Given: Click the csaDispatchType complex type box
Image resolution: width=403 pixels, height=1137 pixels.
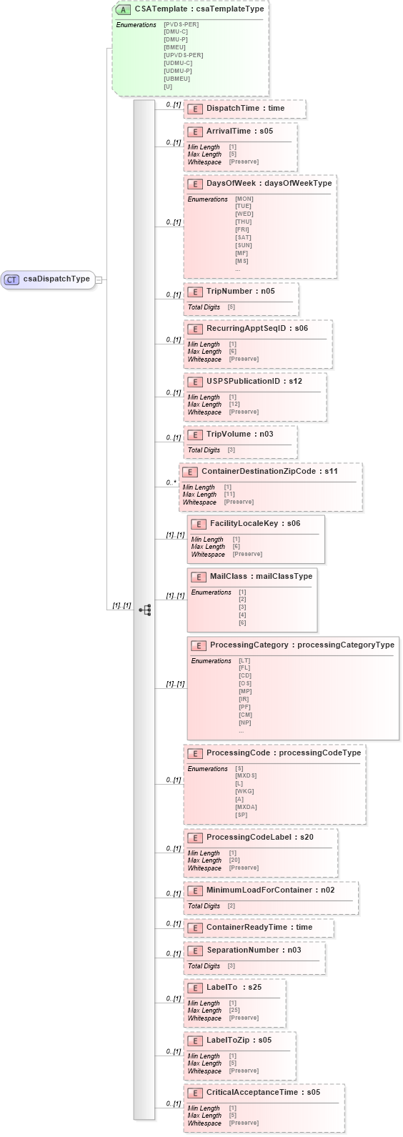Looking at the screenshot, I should click(50, 279).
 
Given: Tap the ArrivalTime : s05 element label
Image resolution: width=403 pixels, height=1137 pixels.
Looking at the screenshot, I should click(239, 131).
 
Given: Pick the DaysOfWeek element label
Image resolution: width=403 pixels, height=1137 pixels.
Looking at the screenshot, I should click(269, 184).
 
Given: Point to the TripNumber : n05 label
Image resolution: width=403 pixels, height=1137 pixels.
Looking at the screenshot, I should click(240, 292).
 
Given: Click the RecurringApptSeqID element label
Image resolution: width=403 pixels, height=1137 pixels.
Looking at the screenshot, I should click(257, 329).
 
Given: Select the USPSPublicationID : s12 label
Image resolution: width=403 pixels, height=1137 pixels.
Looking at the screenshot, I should click(254, 382).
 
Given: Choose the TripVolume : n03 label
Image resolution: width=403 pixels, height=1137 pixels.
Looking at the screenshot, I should click(239, 435).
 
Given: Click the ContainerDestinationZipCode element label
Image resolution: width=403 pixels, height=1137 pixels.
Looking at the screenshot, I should click(269, 472).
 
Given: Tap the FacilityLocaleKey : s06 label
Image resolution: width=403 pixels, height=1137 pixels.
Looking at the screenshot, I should click(254, 524).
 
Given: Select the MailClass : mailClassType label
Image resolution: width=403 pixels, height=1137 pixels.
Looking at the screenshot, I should click(261, 577).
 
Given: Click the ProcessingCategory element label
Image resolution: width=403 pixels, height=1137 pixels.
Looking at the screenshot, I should click(302, 645).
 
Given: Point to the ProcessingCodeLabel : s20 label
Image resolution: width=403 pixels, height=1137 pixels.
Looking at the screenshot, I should click(259, 838).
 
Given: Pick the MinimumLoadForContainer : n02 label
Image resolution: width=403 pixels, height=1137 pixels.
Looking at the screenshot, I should click(270, 890).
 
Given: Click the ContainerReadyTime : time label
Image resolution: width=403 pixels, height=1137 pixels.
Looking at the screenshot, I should click(259, 928).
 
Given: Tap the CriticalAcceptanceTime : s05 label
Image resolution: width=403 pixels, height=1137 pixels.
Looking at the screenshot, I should click(263, 1093).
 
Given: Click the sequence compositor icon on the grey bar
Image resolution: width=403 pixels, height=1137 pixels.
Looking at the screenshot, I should click(144, 610).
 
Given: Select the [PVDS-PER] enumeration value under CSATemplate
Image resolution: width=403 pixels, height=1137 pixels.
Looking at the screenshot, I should click(181, 25).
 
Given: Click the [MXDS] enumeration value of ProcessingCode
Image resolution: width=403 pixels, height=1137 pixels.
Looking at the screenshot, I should click(246, 776).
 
